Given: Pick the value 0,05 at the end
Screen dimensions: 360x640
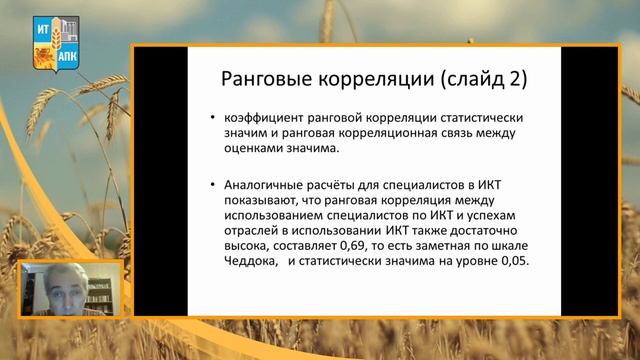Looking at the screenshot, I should (x=508, y=260).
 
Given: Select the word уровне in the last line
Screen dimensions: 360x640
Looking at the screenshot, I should (x=465, y=260).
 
